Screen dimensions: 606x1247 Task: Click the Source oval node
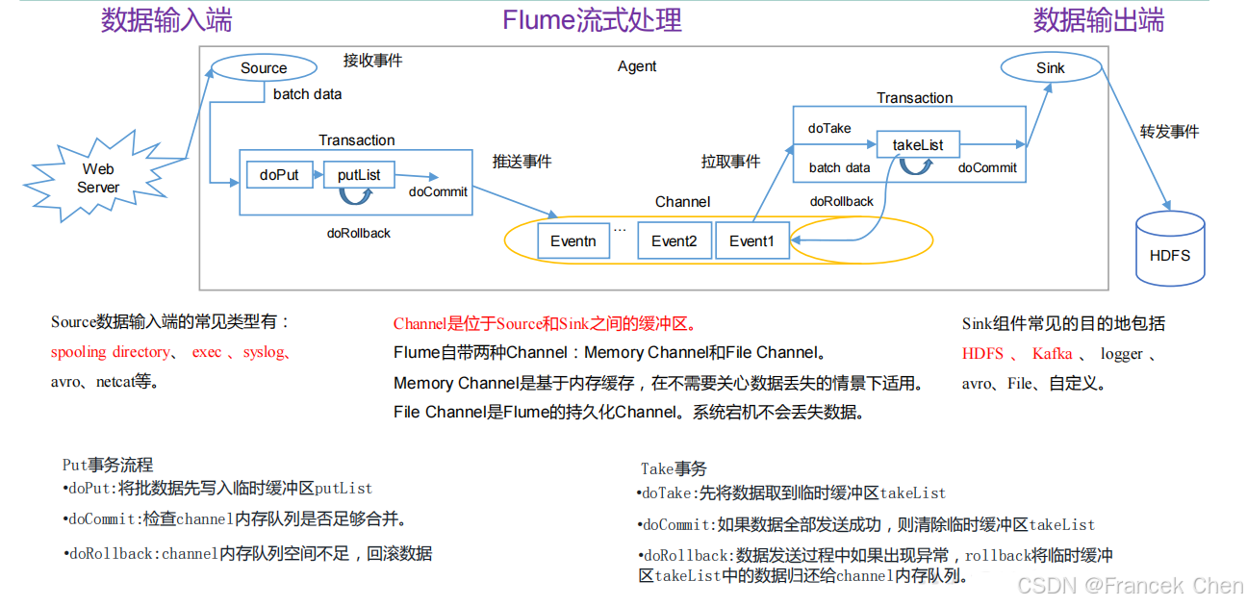pos(264,67)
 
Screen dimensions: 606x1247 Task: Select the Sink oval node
pos(1051,67)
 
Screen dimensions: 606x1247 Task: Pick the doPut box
pos(280,175)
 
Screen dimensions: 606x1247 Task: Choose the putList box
pos(359,175)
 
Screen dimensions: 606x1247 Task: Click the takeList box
pos(917,145)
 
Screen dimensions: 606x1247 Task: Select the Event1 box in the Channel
pos(751,240)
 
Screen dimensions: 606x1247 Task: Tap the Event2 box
pos(674,240)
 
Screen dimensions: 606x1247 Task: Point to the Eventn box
pos(573,240)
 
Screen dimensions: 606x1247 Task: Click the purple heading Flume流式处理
pos(592,20)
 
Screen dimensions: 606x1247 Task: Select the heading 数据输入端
pos(165,20)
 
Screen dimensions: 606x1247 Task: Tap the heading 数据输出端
pos(1098,20)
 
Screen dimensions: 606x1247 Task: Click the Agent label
pos(637,66)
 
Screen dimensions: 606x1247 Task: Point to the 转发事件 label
pos(1169,132)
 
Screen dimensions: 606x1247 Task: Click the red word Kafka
pos(1052,354)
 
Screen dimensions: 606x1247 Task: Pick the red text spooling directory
pos(111,352)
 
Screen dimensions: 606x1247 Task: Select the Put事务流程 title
pos(108,466)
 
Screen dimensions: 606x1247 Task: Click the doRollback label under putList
pos(358,233)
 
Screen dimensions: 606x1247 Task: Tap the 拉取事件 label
pos(730,161)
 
